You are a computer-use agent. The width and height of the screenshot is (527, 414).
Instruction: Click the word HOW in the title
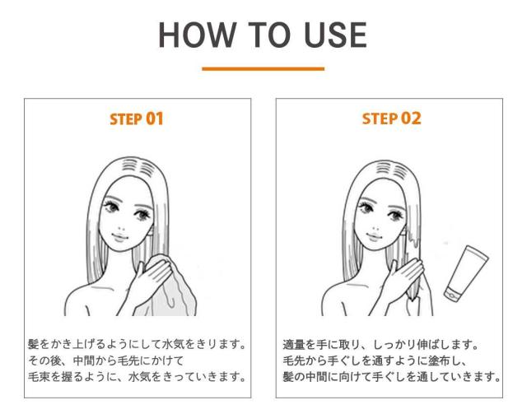point(197,35)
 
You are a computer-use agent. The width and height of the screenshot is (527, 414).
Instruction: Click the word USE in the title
point(335,35)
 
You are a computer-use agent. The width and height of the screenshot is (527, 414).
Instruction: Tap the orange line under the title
point(263,69)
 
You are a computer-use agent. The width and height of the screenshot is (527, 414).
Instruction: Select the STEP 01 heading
point(137,119)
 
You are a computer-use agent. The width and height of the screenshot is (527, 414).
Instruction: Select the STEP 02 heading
point(391,119)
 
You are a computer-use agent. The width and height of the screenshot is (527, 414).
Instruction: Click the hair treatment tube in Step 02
point(466,273)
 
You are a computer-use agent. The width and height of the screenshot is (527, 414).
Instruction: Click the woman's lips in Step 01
point(120,237)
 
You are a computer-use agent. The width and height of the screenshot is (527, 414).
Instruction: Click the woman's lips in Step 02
point(375,236)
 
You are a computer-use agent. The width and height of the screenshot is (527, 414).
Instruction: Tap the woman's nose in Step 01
point(122,229)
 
